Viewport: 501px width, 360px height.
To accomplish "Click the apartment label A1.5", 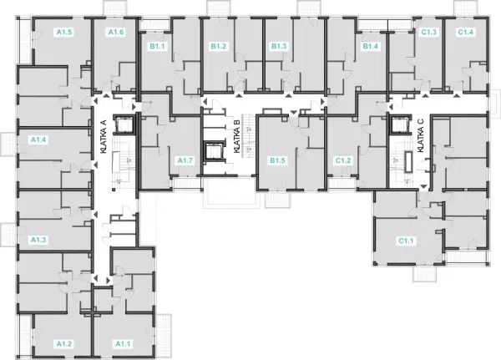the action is click(64, 32).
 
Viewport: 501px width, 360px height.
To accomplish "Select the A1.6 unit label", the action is click(116, 32).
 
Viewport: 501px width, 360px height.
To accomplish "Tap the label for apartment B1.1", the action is click(157, 47).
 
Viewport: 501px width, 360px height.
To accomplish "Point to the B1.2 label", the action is click(219, 47).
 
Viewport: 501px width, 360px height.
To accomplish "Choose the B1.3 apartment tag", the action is click(279, 47).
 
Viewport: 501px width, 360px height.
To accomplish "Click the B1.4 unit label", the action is click(370, 47).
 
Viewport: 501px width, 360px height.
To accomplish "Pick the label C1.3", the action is click(429, 32).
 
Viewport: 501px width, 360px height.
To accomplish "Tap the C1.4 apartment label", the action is click(466, 32).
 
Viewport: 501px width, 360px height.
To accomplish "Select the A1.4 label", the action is click(38, 139).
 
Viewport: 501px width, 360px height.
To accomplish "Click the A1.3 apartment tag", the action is click(38, 240).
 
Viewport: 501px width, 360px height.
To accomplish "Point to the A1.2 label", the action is click(64, 344).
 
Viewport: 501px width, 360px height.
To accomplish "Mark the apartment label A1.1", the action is click(123, 344).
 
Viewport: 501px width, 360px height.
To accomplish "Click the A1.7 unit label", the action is click(185, 160).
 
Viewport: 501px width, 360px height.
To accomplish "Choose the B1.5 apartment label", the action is click(277, 160).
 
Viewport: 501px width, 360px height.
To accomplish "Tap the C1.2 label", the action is click(343, 160).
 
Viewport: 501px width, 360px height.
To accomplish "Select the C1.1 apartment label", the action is click(406, 241).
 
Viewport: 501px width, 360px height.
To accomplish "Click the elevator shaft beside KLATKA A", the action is click(125, 124).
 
